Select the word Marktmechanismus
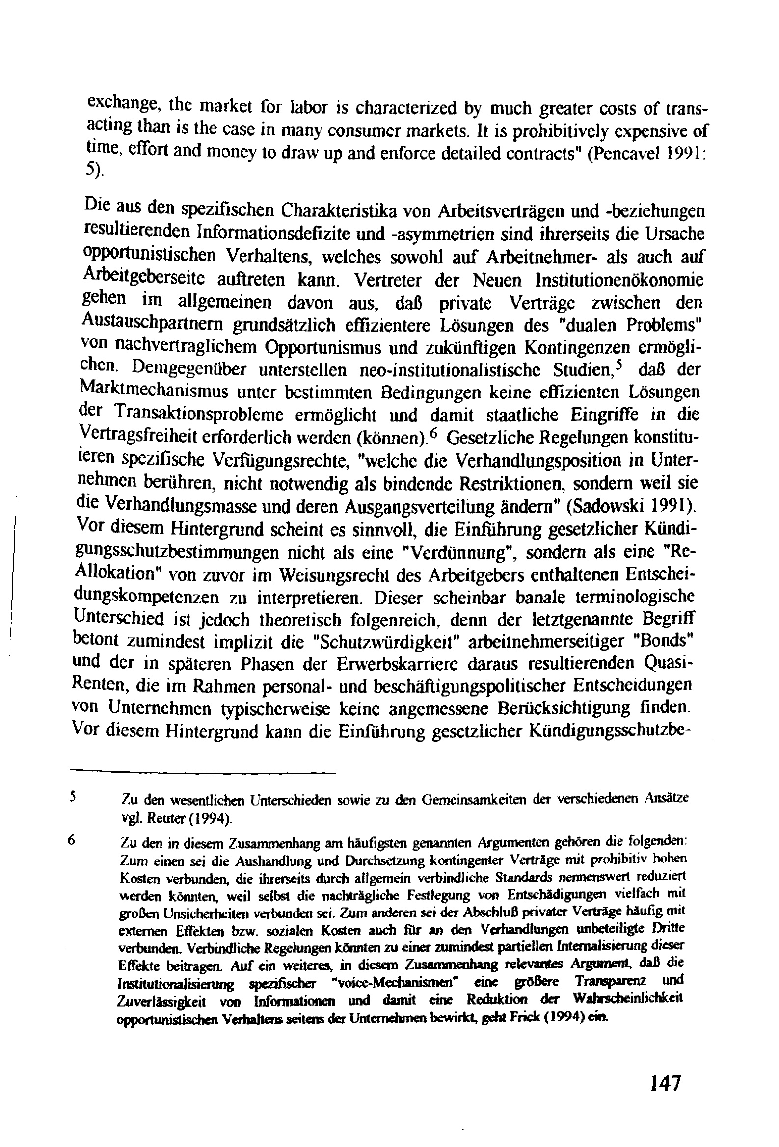(153, 392)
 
